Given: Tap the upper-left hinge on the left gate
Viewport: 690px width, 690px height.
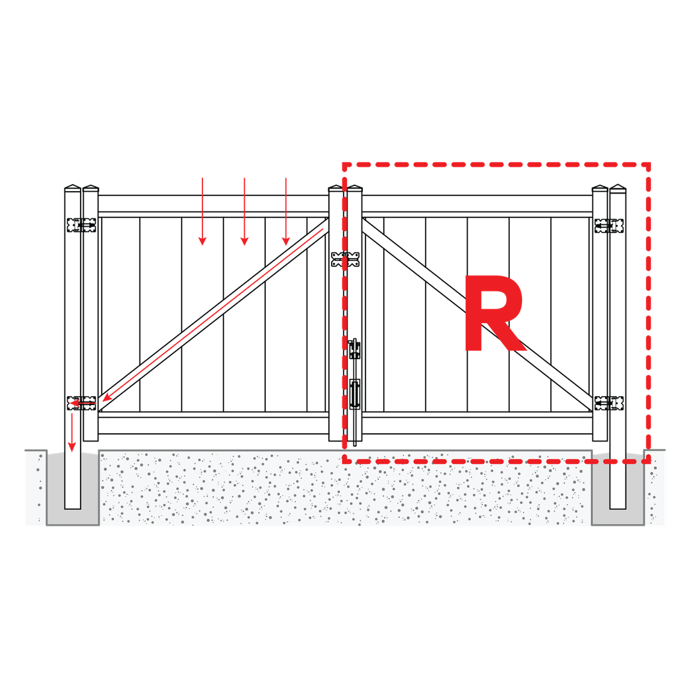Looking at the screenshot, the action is [81, 225].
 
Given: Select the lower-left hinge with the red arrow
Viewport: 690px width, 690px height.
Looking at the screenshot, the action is [81, 402].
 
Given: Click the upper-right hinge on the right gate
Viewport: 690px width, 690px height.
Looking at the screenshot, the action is [609, 226].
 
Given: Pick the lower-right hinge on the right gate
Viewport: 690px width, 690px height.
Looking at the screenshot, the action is [609, 402].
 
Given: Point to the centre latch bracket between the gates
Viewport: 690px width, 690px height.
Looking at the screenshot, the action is [346, 259].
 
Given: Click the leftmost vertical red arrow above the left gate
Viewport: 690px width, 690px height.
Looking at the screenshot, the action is [203, 211].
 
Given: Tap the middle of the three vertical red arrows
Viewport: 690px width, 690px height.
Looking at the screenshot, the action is [244, 211].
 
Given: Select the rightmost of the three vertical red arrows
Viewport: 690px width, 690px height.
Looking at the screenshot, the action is [286, 211].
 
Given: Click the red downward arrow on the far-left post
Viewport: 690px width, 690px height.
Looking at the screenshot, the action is [72, 432].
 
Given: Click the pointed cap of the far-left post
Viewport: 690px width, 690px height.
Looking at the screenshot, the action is [73, 187].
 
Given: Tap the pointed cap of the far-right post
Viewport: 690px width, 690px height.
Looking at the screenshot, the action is [618, 187].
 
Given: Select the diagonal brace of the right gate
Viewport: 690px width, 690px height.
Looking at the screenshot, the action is [477, 314].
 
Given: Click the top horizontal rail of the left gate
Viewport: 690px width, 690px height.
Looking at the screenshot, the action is [213, 204].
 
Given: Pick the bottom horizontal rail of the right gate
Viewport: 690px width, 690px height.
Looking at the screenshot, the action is [477, 425].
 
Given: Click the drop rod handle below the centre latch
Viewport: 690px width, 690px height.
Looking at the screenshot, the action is [355, 394].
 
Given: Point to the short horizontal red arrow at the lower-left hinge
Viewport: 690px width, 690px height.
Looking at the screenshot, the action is [83, 402].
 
